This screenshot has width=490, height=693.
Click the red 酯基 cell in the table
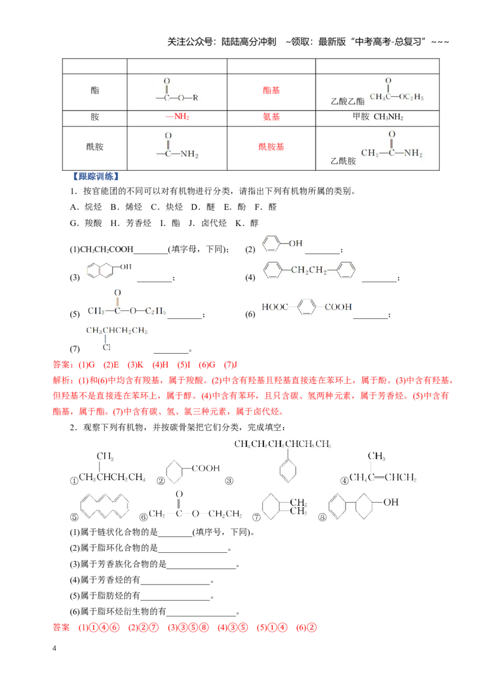pyautogui.click(x=271, y=91)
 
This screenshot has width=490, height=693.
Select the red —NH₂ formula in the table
pyautogui.click(x=178, y=117)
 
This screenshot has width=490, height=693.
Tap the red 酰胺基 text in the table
pyautogui.click(x=271, y=147)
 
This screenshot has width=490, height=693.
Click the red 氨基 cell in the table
pyautogui.click(x=271, y=117)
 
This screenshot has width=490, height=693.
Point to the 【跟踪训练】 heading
pyautogui.click(x=96, y=176)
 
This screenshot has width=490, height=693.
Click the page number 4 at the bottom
pyautogui.click(x=55, y=648)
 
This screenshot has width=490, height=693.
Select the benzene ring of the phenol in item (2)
pyautogui.click(x=271, y=244)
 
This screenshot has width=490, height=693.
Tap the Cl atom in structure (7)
pyautogui.click(x=106, y=347)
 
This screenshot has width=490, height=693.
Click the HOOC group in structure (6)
pyautogui.click(x=274, y=307)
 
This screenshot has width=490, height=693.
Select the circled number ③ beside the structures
pyautogui.click(x=229, y=481)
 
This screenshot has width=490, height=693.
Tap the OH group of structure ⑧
pyautogui.click(x=391, y=502)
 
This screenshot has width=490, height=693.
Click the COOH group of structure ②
pyautogui.click(x=206, y=468)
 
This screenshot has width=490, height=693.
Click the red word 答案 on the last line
pyautogui.click(x=61, y=627)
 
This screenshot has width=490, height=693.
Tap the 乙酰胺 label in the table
pyautogui.click(x=343, y=162)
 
